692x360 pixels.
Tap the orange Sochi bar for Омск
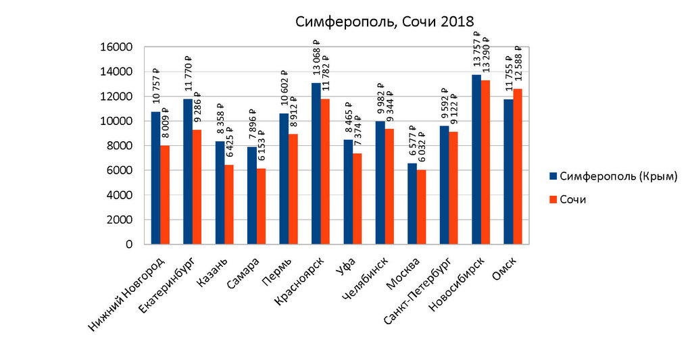[x=518, y=166]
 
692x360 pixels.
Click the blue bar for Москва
[x=412, y=203]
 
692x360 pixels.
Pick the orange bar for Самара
[x=261, y=206]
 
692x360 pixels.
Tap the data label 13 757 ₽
[x=477, y=51]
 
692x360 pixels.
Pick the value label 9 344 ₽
[x=390, y=105]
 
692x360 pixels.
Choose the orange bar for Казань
[x=229, y=205]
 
